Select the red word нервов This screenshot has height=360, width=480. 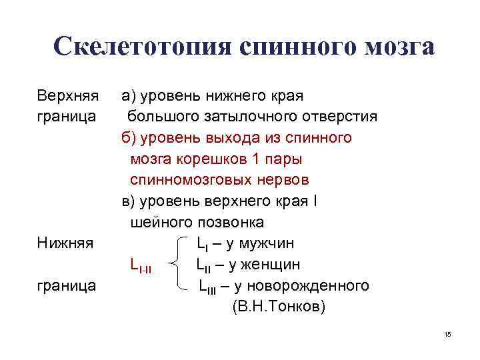tap(286, 180)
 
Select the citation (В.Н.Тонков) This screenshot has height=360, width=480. tap(279, 307)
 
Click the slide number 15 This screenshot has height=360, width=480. tap(447, 334)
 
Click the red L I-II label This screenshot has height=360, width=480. tap(141, 267)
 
